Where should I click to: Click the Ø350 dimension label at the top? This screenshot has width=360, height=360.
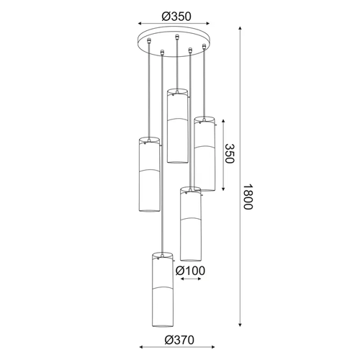click(x=176, y=17)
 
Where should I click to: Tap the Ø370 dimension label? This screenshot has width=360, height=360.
click(x=179, y=340)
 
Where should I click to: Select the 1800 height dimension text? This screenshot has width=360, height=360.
click(x=248, y=197)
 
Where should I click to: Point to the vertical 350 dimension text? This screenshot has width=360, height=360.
click(x=229, y=153)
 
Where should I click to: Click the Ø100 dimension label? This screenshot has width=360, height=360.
click(x=190, y=271)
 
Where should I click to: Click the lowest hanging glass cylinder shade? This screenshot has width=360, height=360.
click(x=163, y=289)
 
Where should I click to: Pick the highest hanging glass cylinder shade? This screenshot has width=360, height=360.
click(x=177, y=126)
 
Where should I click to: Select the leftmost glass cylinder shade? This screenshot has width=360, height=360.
click(x=149, y=174)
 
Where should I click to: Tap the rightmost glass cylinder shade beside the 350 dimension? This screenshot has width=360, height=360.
click(x=204, y=153)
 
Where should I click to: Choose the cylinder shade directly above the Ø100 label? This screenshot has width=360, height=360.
click(x=191, y=224)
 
